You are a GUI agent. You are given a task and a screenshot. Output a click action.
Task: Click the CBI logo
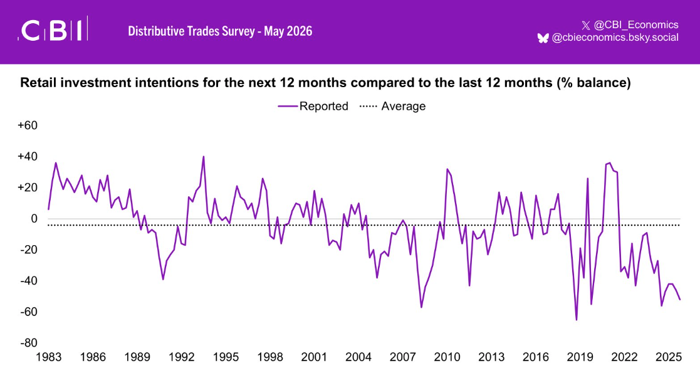click(53, 29)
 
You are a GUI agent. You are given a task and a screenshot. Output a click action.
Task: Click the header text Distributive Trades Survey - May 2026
click(220, 31)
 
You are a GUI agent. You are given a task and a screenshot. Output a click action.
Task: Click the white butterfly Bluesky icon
click(543, 38)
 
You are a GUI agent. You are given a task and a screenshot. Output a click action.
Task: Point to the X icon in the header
click(586, 26)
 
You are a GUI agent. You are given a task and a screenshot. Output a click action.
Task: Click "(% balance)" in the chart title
click(593, 83)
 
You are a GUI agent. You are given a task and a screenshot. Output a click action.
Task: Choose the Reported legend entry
click(313, 106)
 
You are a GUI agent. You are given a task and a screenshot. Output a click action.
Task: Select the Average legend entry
click(392, 106)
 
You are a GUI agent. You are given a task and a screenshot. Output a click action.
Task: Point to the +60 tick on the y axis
click(28, 125)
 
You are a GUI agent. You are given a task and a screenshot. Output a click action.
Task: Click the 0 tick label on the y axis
click(34, 219)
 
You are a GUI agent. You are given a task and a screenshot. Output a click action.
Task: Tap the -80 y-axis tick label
click(29, 343)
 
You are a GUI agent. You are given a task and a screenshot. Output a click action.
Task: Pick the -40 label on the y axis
click(29, 281)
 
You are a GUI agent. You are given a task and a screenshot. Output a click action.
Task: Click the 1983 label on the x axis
click(49, 357)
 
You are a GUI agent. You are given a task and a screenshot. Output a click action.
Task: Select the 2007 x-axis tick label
click(403, 357)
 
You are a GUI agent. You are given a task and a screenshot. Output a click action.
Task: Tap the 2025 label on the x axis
click(668, 357)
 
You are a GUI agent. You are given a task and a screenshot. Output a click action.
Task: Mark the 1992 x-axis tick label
click(182, 357)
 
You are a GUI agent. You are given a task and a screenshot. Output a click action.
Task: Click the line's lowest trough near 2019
click(577, 320)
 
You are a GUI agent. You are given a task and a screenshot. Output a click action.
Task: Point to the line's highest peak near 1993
click(204, 157)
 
